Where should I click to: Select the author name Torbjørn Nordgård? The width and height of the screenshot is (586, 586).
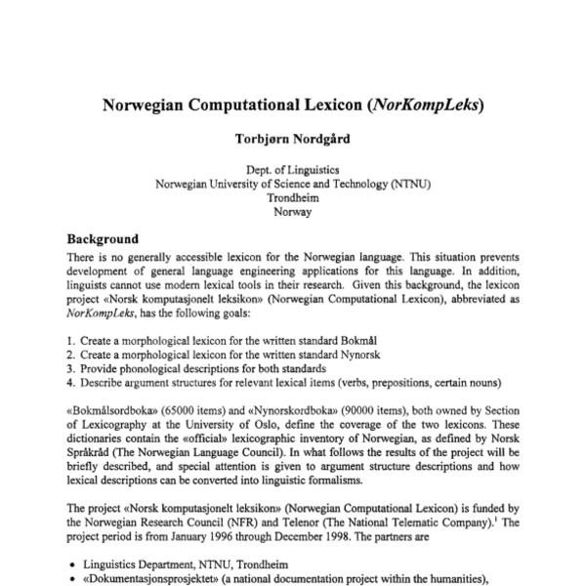[293, 139]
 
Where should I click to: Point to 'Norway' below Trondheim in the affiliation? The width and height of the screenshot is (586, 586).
[293, 211]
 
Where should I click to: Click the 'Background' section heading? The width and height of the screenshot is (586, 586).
[103, 238]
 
